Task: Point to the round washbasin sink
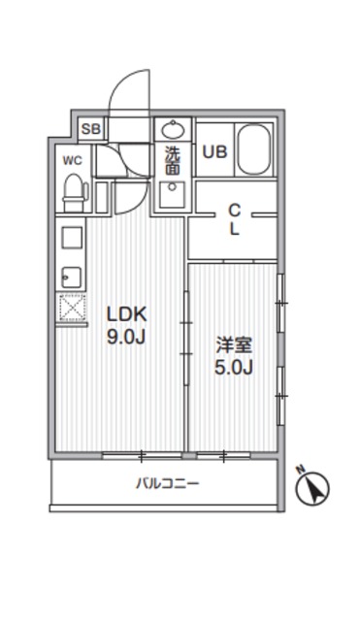click(173, 130)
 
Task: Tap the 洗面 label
click(172, 160)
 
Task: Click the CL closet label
click(234, 218)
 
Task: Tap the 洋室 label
click(233, 344)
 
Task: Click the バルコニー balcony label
click(167, 482)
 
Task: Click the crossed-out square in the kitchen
click(71, 310)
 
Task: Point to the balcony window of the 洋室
click(223, 453)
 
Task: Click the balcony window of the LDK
click(141, 453)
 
